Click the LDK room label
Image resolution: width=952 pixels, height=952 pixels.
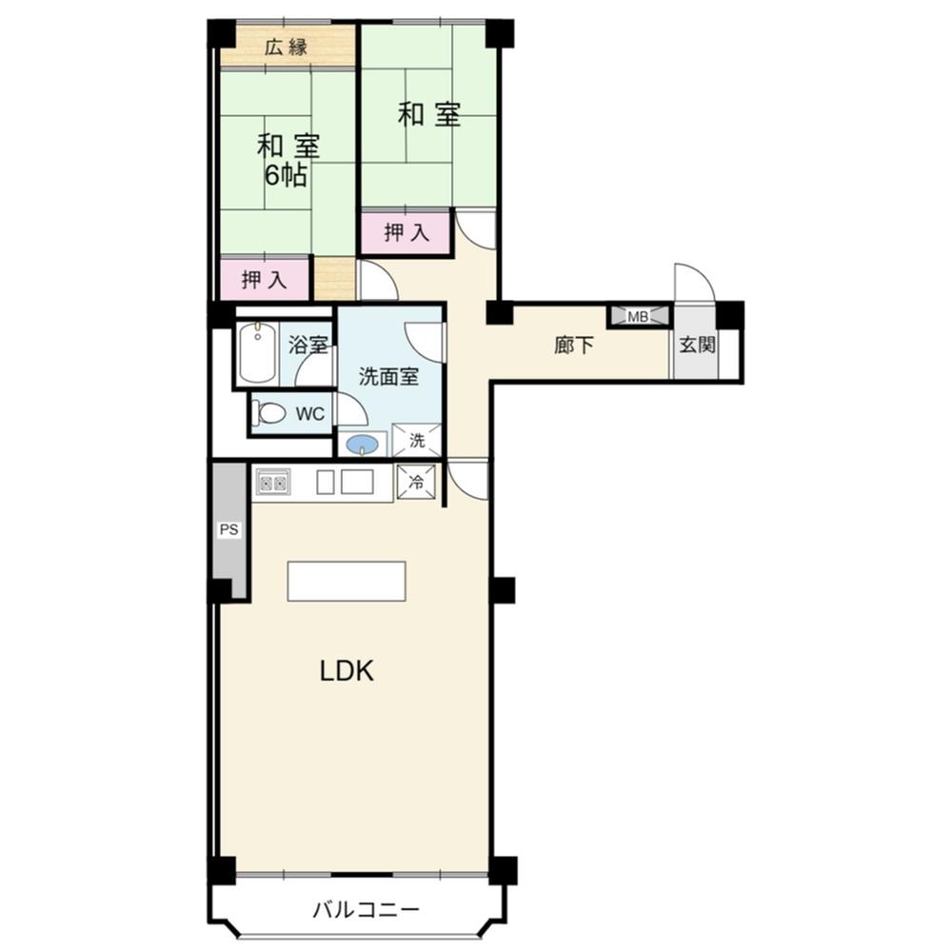click(x=347, y=671)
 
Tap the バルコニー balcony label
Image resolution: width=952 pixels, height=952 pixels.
click(x=367, y=910)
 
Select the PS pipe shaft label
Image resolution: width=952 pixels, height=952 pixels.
click(x=228, y=529)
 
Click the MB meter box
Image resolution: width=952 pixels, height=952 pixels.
click(x=638, y=316)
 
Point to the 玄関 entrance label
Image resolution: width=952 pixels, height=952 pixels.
click(x=697, y=346)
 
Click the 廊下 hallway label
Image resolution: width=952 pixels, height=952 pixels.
click(x=574, y=346)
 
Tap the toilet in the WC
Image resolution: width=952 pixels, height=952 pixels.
click(x=269, y=413)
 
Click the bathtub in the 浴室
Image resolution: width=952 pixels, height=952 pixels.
click(x=257, y=353)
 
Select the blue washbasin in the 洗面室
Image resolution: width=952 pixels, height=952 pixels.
click(x=363, y=445)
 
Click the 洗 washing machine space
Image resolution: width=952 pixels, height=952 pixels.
click(x=417, y=440)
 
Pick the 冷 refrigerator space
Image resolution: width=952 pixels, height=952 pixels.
click(x=416, y=482)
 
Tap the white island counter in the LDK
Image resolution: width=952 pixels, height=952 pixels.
click(x=347, y=582)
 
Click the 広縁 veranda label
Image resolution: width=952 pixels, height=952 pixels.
click(x=286, y=47)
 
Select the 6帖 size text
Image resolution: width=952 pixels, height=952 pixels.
click(x=286, y=176)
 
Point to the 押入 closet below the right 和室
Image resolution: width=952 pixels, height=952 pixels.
click(x=407, y=232)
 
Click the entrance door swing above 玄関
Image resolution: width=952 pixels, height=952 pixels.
click(x=695, y=282)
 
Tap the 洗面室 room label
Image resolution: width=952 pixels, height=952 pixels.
click(x=388, y=376)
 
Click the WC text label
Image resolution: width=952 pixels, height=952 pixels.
click(x=310, y=415)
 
